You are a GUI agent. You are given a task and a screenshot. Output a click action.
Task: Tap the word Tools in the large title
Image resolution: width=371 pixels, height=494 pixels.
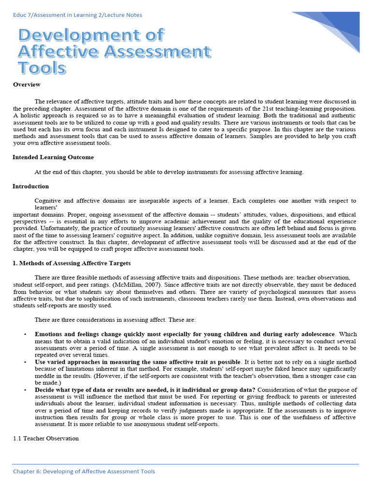coord(42,68)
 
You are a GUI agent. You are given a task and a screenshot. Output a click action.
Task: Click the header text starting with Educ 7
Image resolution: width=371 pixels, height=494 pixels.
coord(77,15)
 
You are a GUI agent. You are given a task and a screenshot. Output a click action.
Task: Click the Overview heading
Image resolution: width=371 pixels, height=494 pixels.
coord(27,85)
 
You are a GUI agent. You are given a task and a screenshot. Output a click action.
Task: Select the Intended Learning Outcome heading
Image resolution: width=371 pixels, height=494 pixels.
coord(53,157)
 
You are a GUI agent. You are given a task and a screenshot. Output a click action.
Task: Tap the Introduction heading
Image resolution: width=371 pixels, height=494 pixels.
coord(30,186)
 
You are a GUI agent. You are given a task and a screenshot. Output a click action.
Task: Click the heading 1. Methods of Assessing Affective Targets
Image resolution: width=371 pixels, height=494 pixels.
coord(71,263)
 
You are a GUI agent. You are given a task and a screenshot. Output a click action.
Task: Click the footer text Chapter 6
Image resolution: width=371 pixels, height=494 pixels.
coord(84,471)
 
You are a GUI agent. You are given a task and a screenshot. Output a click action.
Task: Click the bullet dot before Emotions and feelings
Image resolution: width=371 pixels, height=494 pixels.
coord(25,334)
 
